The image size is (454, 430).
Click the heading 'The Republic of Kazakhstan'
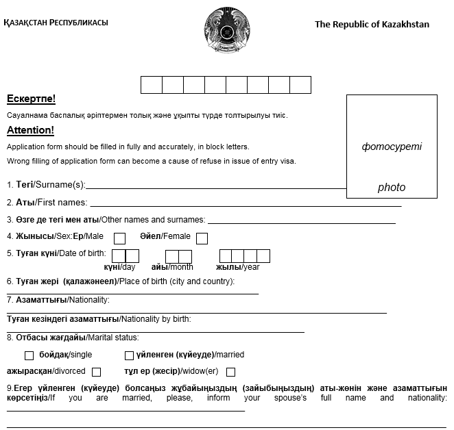click(372, 25)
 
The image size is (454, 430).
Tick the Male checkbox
click(119, 239)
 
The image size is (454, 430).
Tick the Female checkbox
click(202, 239)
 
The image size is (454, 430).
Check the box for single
click(29, 355)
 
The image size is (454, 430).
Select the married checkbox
click(129, 355)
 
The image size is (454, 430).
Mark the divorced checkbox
click(96, 372)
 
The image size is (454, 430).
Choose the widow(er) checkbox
click(230, 372)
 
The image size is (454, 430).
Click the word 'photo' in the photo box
click(392, 187)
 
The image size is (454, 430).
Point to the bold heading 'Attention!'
click(30, 130)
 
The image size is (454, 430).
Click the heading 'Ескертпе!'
click(31, 99)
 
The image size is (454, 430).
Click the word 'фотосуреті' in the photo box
click(392, 147)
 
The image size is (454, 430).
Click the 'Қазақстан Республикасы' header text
click(56, 23)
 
